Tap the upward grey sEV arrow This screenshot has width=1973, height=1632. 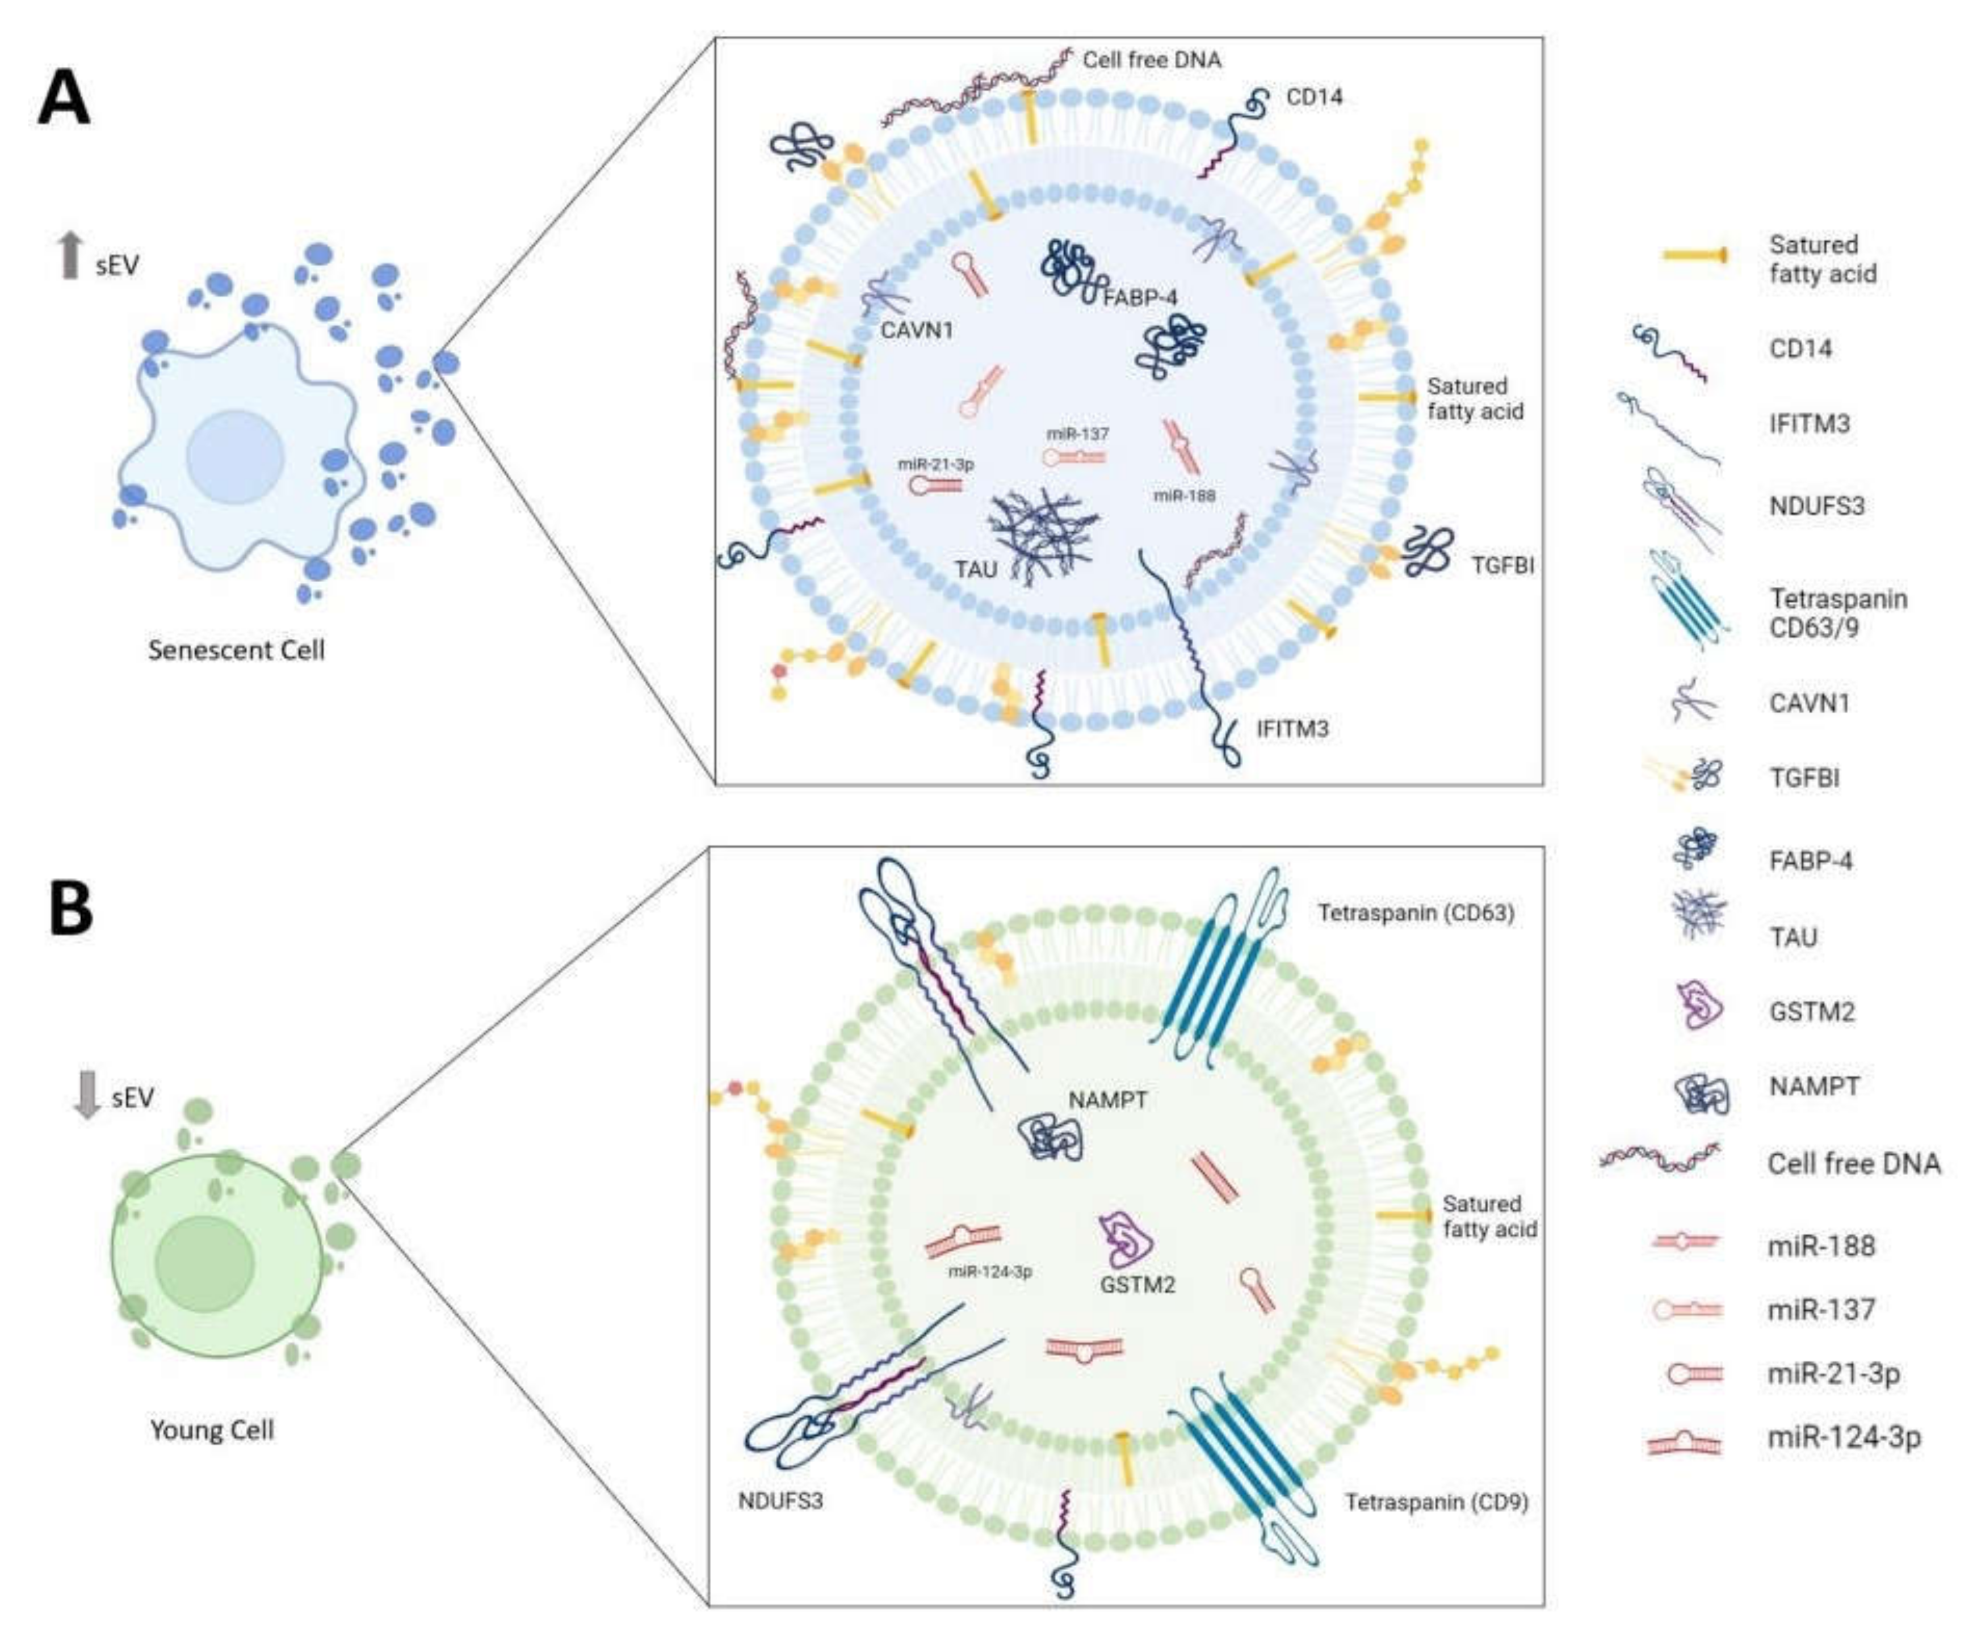pyautogui.click(x=69, y=255)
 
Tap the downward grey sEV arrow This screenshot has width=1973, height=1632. pyautogui.click(x=86, y=1095)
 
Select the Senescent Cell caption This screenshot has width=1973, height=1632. pyautogui.click(x=236, y=650)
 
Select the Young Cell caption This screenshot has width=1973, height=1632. pyautogui.click(x=212, y=1430)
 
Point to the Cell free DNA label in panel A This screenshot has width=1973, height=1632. pyautogui.click(x=1152, y=60)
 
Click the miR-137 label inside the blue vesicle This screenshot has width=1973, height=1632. pyautogui.click(x=1078, y=434)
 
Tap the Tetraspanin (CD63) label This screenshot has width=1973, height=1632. pyautogui.click(x=1416, y=912)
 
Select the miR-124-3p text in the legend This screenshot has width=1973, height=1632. pyautogui.click(x=1844, y=1437)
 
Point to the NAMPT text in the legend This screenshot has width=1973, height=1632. pyautogui.click(x=1814, y=1087)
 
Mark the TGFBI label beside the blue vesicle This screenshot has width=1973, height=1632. pyautogui.click(x=1503, y=565)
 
